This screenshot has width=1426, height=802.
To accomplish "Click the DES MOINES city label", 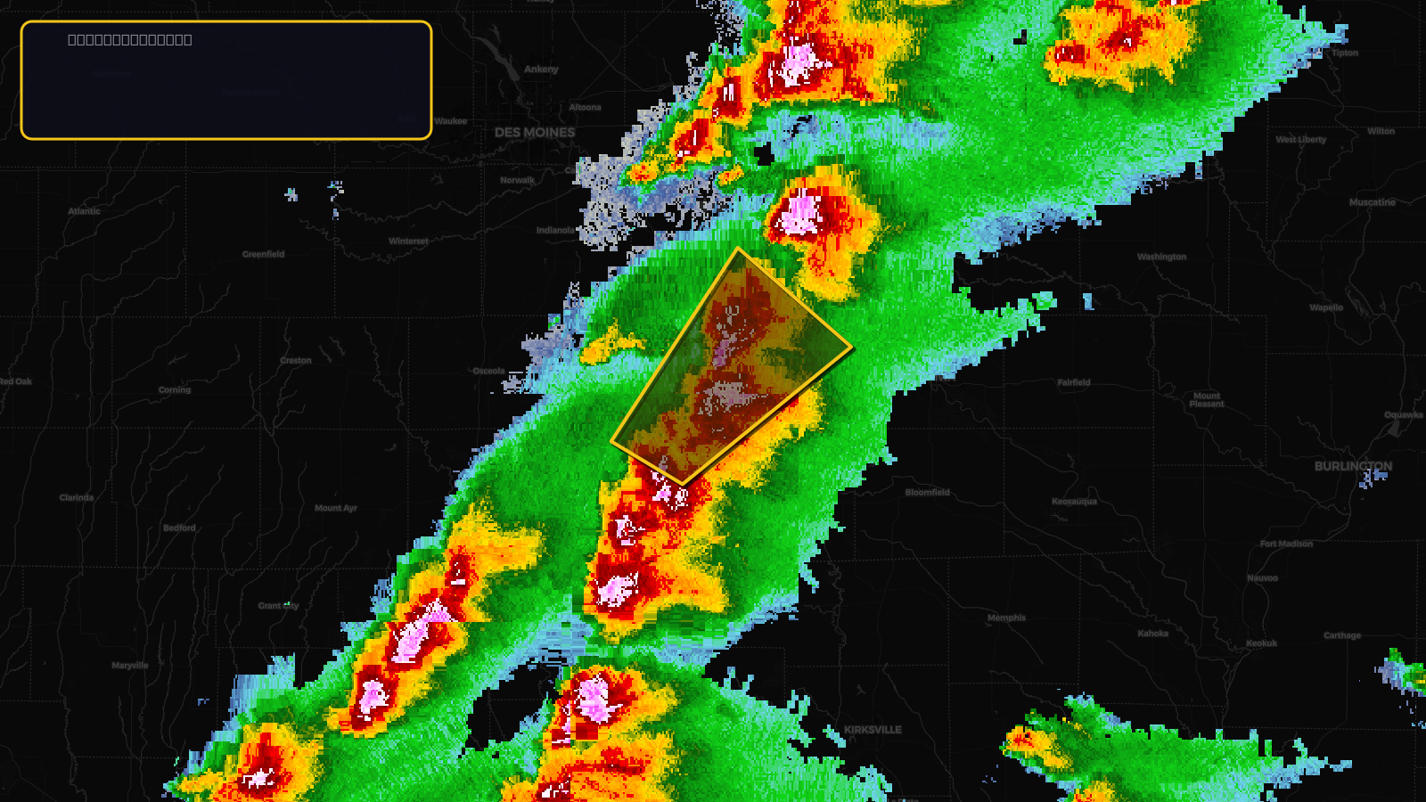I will click(535, 133).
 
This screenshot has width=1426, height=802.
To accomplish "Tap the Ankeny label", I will click(541, 70).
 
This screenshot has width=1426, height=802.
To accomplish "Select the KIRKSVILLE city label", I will click(873, 730).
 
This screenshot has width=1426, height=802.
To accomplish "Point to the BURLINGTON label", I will click(1352, 466).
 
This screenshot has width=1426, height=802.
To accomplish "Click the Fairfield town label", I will click(1073, 382).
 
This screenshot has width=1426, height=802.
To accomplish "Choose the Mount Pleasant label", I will click(1207, 400).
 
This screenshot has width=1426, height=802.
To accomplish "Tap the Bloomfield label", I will click(927, 493).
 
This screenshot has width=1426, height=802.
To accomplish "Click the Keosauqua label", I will click(1074, 502).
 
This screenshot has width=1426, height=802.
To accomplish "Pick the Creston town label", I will click(296, 361).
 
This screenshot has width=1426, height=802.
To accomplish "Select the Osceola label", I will click(488, 371).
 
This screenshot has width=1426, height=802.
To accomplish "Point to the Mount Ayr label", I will click(335, 508).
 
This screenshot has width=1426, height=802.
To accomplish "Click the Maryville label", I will click(130, 666).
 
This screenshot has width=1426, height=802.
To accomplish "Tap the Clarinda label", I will click(77, 497).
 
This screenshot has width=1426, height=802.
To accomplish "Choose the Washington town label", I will click(1161, 257).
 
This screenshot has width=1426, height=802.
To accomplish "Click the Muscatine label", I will click(1372, 202).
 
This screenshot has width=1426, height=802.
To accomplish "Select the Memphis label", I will click(1006, 618).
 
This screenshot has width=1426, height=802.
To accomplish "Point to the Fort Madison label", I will click(1286, 544).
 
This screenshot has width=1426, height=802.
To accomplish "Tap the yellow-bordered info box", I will click(226, 80).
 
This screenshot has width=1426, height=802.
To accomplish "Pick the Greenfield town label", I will click(264, 254).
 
